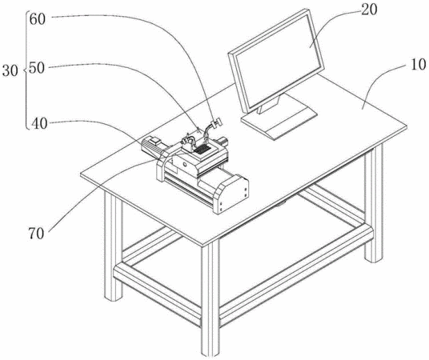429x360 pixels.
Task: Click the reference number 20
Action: pyautogui.click(x=369, y=10)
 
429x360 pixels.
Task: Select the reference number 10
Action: pyautogui.click(x=419, y=65)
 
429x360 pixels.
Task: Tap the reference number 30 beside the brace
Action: pyautogui.click(x=10, y=71)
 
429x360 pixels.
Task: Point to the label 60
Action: pyautogui.click(x=37, y=19)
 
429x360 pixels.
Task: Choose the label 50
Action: pyautogui.click(x=37, y=68)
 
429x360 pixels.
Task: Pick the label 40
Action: pyautogui.click(x=39, y=124)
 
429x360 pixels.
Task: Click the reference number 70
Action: pyautogui.click(x=36, y=234)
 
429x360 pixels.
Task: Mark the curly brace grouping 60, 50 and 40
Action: pyautogui.click(x=26, y=70)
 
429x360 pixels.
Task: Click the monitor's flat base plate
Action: pyautogui.click(x=279, y=121)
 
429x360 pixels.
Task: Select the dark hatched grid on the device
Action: pyautogui.click(x=202, y=150)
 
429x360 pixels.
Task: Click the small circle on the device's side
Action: pyautogui.click(x=184, y=165)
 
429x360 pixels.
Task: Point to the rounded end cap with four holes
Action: pyautogui.click(x=232, y=194)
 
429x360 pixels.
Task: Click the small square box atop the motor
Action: pyautogui.click(x=154, y=141)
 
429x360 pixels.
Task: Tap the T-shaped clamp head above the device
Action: pyautogui.click(x=218, y=122)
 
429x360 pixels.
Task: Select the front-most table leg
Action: pyautogui.click(x=210, y=298)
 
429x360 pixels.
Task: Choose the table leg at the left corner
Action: pyautogui.click(x=113, y=246)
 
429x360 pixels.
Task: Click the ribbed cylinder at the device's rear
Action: pyautogui.click(x=223, y=142)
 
